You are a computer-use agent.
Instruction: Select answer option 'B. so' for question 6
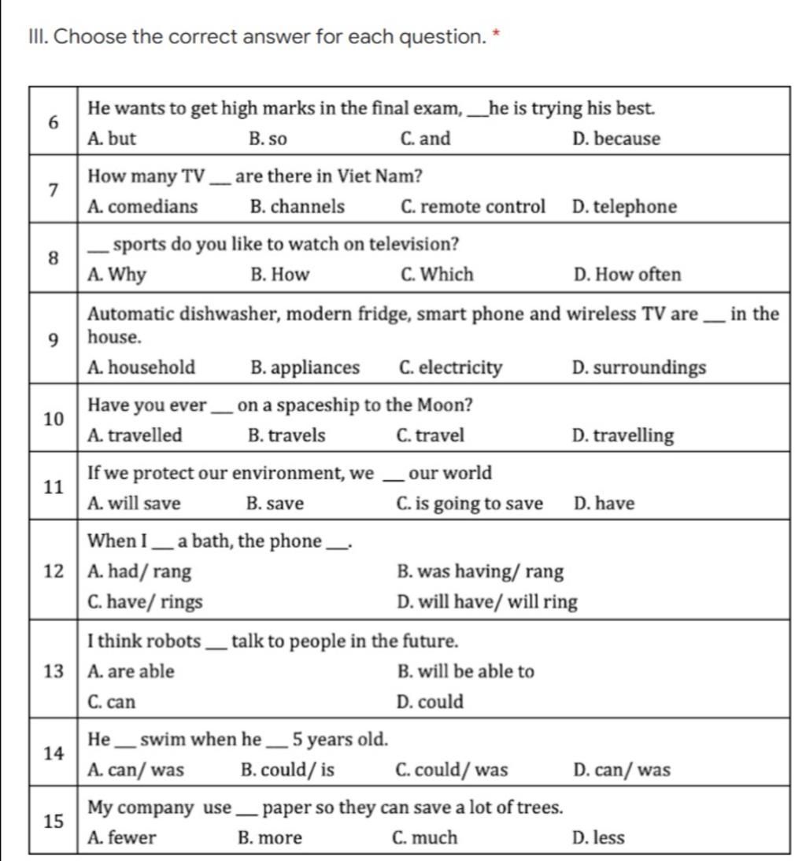[268, 139]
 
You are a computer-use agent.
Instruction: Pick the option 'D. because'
[617, 139]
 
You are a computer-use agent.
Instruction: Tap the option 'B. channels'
[297, 207]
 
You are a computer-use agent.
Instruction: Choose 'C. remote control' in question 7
[472, 207]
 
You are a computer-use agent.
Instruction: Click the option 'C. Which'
[437, 275]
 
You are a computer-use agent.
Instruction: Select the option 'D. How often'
[627, 275]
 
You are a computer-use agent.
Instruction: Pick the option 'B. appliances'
[304, 368]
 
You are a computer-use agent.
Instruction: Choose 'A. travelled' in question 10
[135, 435]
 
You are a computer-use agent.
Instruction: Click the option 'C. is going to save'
[471, 504]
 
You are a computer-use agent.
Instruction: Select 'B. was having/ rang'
[481, 571]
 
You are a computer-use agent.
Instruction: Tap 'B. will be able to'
[466, 671]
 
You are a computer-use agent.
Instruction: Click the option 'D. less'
[599, 838]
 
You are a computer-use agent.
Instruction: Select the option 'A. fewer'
[123, 838]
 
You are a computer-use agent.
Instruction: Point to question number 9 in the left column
[53, 340]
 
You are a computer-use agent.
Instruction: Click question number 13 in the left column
[53, 671]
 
